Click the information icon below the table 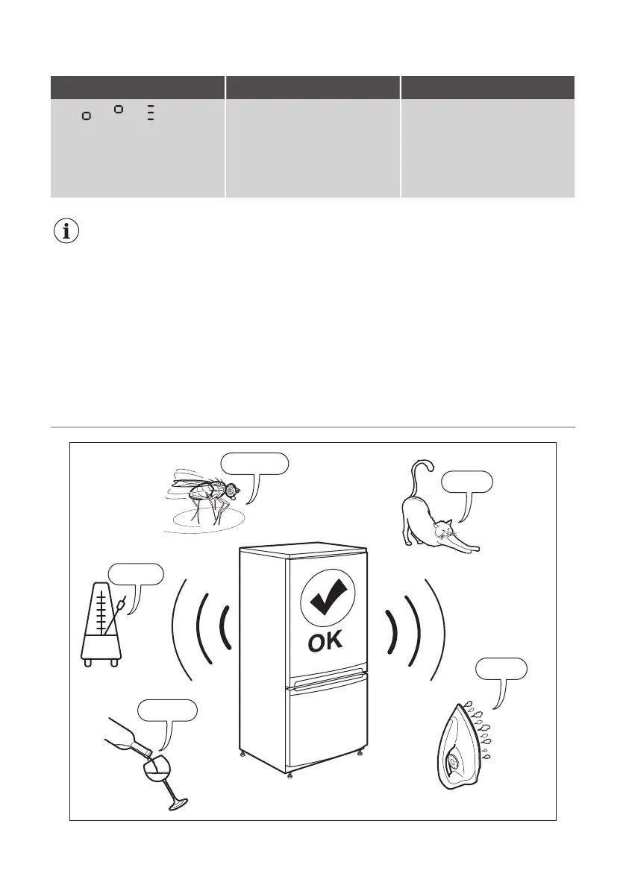pyautogui.click(x=67, y=231)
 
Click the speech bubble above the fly pyautogui.click(x=254, y=462)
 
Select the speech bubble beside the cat pyautogui.click(x=466, y=482)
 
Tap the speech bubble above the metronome pyautogui.click(x=136, y=574)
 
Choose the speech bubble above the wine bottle pyautogui.click(x=169, y=711)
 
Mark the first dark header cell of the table pyautogui.click(x=137, y=87)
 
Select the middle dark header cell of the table pyautogui.click(x=313, y=87)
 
